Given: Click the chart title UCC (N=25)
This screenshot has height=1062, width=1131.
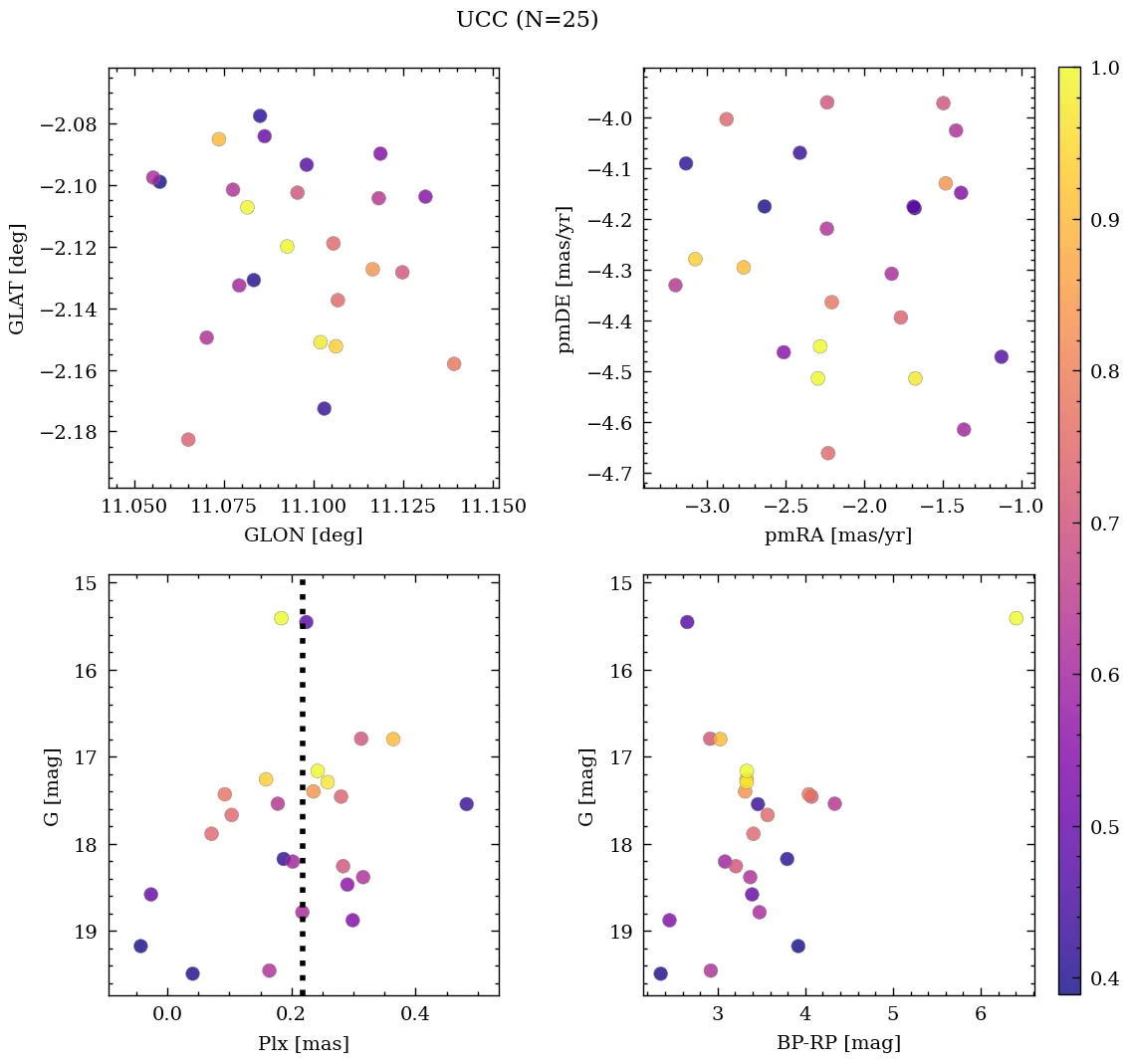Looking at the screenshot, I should coord(527,20).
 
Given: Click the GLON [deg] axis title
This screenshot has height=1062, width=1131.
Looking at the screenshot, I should coord(303,535).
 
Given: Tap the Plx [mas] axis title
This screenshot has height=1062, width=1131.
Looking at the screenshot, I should coord(303,1043).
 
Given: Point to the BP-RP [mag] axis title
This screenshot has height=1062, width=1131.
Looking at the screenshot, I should coord(838,1043).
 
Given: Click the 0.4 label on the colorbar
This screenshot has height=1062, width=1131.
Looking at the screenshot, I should coord(1103,979).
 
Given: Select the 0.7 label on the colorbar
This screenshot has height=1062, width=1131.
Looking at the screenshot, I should coord(1103,525).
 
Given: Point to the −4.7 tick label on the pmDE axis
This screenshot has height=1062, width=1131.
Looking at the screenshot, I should coord(609,474).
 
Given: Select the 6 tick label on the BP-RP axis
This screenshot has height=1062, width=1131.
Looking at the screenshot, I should coord(981,1014).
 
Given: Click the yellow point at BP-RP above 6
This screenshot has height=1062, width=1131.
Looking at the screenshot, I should coord(1016,618).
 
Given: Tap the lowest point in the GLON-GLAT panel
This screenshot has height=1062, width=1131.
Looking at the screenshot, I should coord(188,439).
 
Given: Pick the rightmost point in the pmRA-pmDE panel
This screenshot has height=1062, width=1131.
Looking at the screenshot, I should coord(1001,356).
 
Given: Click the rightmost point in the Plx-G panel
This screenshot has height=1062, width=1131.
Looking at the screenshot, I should coord(466,803).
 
